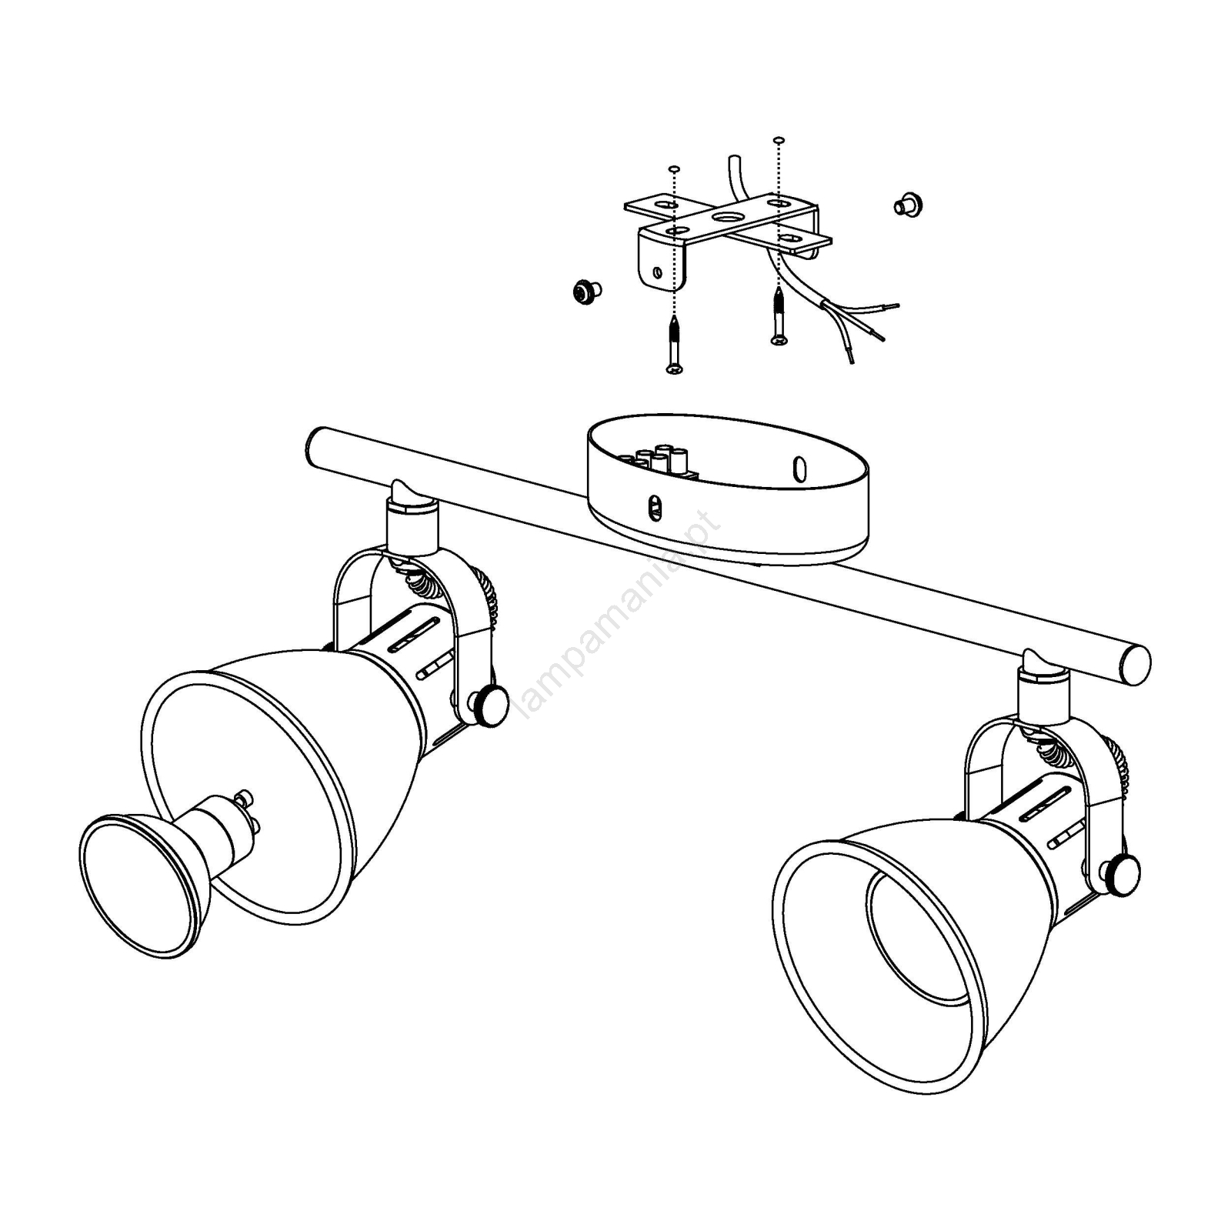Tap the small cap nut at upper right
[908, 205]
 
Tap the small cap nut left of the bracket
[587, 292]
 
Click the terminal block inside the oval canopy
[662, 461]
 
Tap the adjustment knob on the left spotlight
[489, 703]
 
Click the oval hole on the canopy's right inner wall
[800, 469]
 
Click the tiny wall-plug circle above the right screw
[779, 139]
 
